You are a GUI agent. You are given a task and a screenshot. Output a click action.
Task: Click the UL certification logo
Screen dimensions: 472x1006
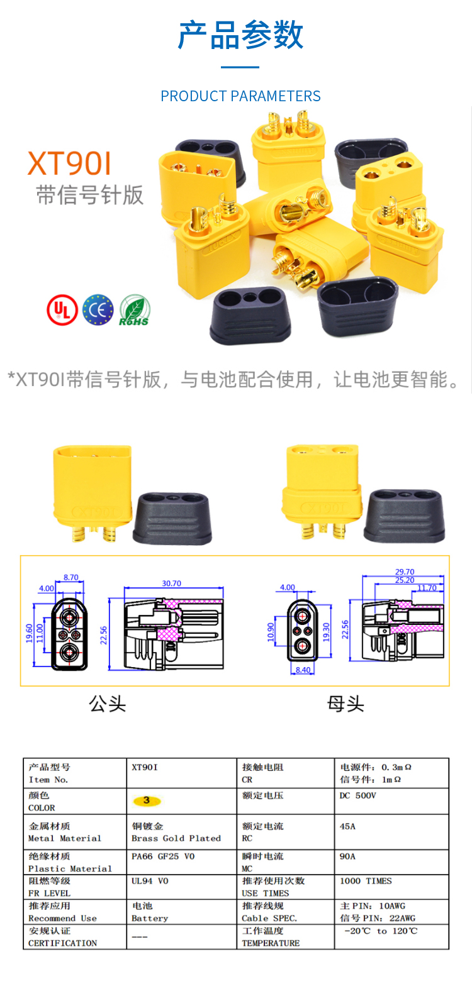(62, 310)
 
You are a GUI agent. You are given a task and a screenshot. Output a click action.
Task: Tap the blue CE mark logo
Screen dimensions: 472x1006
(98, 310)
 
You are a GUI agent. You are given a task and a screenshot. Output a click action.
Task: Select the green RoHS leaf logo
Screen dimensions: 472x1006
(134, 310)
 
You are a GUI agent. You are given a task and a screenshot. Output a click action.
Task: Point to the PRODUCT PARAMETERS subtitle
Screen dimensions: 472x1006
(240, 96)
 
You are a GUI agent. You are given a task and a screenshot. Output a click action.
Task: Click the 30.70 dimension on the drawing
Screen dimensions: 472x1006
(171, 583)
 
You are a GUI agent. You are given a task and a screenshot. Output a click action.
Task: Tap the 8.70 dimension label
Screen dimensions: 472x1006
(71, 578)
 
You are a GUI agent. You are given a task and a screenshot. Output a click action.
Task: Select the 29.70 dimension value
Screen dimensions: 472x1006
(405, 572)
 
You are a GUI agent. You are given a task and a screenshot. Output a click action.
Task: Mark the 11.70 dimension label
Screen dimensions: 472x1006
(427, 588)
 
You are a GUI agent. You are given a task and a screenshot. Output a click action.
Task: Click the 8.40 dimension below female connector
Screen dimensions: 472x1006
(303, 670)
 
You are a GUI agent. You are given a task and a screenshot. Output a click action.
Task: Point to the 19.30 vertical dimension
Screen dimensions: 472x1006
(327, 632)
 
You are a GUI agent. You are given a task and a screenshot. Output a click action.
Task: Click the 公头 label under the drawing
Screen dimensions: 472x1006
(108, 704)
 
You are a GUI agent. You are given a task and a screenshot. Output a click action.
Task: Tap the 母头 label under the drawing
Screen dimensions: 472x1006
(346, 704)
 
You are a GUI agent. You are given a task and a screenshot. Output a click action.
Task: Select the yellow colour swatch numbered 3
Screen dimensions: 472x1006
(147, 800)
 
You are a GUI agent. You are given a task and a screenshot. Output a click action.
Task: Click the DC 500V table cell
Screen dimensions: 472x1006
(358, 795)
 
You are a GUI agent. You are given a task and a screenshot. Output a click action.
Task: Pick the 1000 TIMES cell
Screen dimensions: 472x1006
(366, 881)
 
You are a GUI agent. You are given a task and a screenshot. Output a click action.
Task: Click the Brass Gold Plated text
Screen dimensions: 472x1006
(176, 838)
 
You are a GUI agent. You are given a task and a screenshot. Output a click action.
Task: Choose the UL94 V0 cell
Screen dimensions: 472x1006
(150, 881)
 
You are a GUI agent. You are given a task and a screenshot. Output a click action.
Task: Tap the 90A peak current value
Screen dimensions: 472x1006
(347, 856)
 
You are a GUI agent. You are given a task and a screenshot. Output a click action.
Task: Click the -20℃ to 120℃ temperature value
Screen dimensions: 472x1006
(381, 931)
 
